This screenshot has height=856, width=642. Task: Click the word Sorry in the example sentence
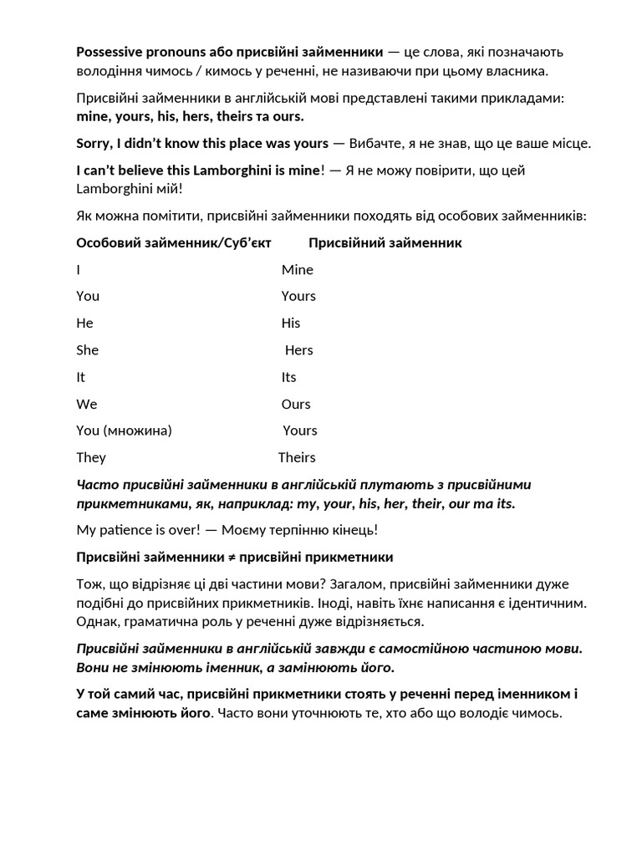click(94, 143)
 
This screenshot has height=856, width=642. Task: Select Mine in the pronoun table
click(297, 269)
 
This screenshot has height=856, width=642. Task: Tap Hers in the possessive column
click(298, 350)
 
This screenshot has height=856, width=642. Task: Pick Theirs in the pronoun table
click(296, 457)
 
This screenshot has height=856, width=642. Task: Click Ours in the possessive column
click(296, 404)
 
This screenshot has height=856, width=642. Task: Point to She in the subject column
click(87, 350)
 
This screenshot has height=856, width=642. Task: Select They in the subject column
click(91, 457)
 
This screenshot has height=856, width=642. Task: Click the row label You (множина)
click(124, 431)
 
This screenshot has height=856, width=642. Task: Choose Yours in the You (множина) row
click(299, 431)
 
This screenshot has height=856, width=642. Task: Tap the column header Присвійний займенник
click(385, 242)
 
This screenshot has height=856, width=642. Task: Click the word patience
click(125, 530)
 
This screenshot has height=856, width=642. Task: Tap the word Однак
click(97, 621)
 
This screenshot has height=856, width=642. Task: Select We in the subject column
click(87, 404)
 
